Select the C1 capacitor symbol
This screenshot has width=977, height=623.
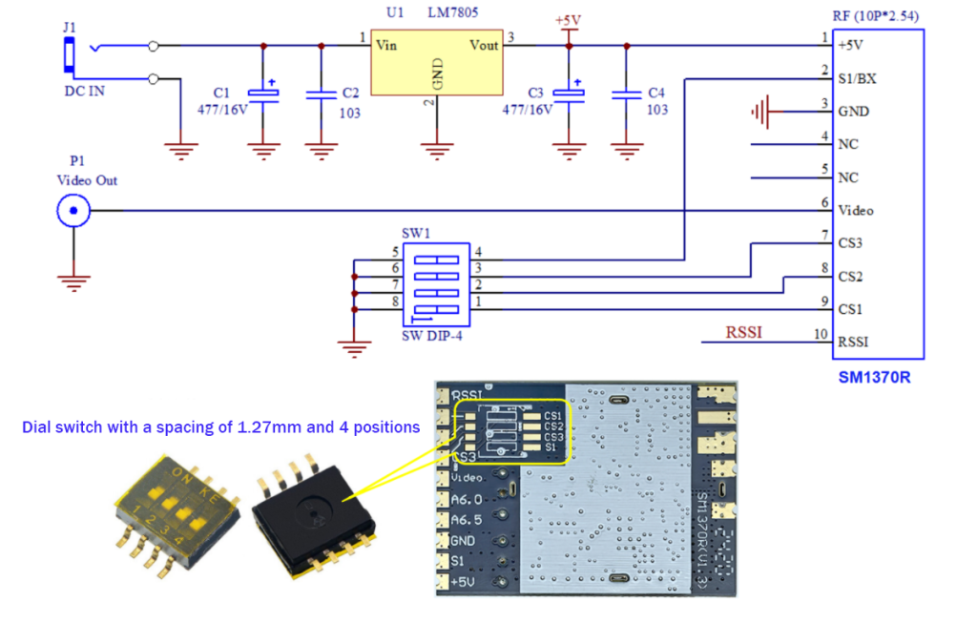tap(261, 93)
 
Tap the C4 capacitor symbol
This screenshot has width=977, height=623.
tap(626, 93)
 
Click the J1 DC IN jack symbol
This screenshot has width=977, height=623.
tap(70, 58)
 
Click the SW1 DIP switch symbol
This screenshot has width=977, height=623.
tap(436, 284)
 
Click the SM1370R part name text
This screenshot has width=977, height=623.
tap(874, 377)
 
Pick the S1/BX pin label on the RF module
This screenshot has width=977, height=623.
tap(856, 78)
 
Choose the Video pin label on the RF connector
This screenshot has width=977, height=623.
tap(855, 210)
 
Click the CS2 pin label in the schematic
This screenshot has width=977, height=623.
tap(851, 277)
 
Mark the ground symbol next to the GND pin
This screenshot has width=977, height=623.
tap(761, 112)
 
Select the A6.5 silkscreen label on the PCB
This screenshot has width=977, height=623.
tap(467, 520)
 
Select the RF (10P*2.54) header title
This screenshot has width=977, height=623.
tap(875, 14)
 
